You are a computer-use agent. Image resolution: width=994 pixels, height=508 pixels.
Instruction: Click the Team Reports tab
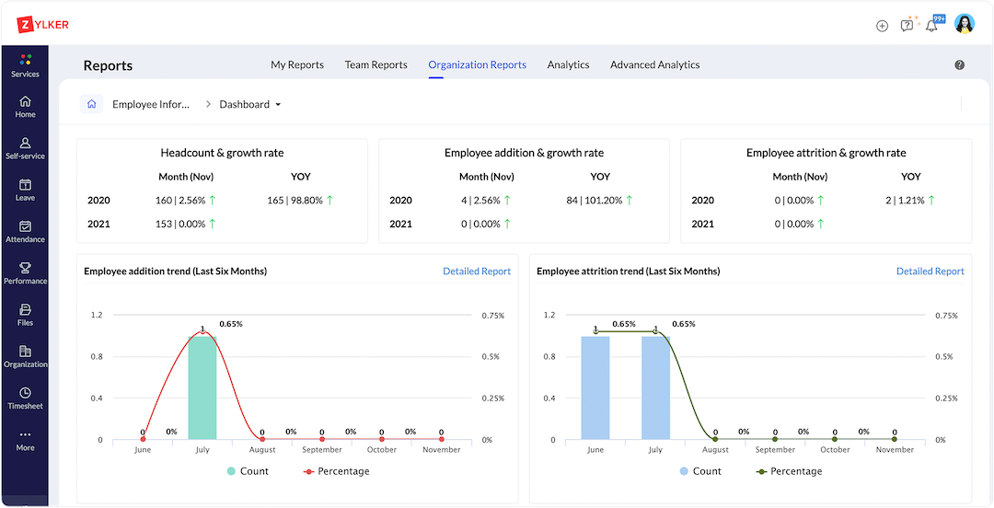click(x=376, y=64)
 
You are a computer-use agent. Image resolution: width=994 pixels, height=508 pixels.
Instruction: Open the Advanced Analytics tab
click(x=654, y=64)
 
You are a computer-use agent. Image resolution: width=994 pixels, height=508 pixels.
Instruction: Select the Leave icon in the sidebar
click(x=25, y=190)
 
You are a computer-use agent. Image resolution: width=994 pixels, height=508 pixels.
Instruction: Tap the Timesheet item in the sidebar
click(x=25, y=398)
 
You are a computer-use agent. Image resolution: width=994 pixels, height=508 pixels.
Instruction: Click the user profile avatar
click(x=964, y=24)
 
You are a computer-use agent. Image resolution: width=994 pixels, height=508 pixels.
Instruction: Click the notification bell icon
click(x=931, y=25)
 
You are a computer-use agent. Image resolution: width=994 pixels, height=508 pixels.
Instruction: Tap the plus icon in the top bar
click(x=882, y=26)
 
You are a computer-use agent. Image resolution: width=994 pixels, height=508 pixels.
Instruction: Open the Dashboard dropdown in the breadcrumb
click(x=250, y=105)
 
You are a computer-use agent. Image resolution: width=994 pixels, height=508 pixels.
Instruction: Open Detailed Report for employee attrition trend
click(x=930, y=271)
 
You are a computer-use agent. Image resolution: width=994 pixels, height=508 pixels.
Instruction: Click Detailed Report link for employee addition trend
click(x=476, y=271)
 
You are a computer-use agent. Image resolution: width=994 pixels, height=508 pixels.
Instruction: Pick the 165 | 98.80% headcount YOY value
click(x=300, y=200)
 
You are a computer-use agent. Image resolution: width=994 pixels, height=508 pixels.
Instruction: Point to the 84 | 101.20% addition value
click(x=600, y=200)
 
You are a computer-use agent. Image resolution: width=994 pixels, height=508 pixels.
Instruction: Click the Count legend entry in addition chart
click(x=248, y=471)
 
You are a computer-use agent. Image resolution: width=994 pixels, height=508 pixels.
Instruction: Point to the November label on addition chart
click(x=441, y=450)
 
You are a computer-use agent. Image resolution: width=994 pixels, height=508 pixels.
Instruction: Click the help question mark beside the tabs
click(x=960, y=65)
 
